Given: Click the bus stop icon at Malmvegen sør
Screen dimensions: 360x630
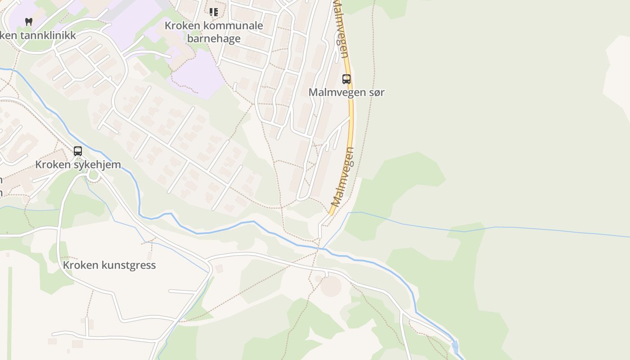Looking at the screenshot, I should tap(346, 79).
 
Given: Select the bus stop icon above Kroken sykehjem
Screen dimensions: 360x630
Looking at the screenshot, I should tap(78, 151).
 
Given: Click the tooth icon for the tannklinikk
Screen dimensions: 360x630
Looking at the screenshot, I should tap(29, 21).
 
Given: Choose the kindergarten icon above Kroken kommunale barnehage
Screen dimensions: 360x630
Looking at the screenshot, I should tap(214, 12).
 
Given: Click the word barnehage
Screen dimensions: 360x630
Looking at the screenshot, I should tap(214, 39).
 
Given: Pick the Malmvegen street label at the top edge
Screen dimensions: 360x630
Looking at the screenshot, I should tap(341, 29).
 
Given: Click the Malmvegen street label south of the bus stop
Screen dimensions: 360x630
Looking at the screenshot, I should tap(343, 176).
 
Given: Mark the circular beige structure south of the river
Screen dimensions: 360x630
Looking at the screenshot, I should tap(331, 286).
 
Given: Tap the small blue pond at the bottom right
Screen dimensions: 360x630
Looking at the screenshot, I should tap(455, 346).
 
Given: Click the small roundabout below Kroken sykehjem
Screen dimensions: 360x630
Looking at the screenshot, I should tap(93, 175).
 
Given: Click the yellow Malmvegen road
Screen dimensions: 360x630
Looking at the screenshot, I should tap(351, 117).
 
